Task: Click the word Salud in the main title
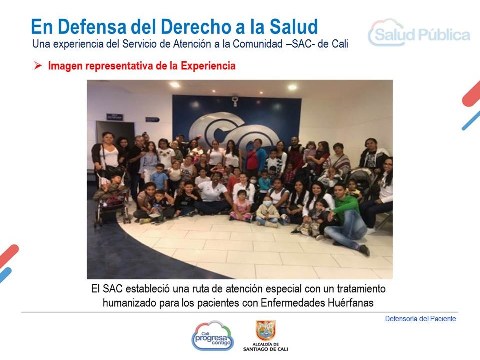click(x=294, y=27)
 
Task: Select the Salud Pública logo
click(x=419, y=33)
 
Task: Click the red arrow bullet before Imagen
click(x=38, y=65)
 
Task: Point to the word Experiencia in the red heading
click(x=208, y=66)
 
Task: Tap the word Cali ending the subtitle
click(x=340, y=44)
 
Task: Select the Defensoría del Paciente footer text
click(x=420, y=319)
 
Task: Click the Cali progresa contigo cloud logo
click(x=213, y=336)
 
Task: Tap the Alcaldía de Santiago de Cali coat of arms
click(x=265, y=330)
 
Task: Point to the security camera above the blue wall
click(x=235, y=101)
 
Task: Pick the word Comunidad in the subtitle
click(x=258, y=44)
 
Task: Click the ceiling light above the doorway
click(x=175, y=85)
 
